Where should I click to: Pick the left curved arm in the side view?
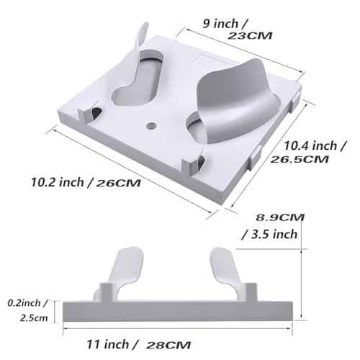click(x=122, y=270)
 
